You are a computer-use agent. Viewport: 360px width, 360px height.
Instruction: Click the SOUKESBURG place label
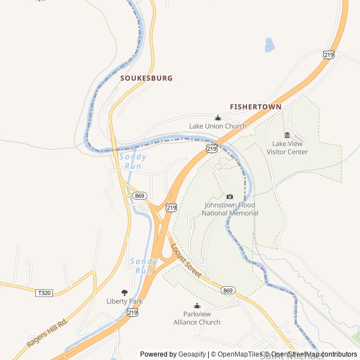(146, 78)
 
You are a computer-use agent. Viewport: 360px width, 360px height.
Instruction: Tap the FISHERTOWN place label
(255, 106)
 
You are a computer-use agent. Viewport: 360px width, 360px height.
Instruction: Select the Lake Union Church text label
(218, 126)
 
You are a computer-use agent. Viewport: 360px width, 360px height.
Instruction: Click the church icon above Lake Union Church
(218, 118)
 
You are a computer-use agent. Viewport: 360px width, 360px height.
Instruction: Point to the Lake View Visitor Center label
(287, 147)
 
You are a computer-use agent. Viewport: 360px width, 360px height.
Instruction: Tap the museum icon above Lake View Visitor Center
(287, 135)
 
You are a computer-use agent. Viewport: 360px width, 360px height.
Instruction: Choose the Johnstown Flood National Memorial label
(231, 209)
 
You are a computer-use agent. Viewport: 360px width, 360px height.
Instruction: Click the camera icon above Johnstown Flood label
(229, 196)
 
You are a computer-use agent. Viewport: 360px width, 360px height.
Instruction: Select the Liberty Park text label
(124, 301)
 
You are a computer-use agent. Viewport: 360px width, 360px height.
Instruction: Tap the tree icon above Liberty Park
(124, 292)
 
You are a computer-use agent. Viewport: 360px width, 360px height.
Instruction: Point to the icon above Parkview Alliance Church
(197, 306)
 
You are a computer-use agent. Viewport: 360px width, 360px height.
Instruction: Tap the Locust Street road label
(186, 260)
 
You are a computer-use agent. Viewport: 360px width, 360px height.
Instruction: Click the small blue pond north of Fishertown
(270, 45)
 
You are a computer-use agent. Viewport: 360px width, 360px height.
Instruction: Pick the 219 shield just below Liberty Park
(132, 312)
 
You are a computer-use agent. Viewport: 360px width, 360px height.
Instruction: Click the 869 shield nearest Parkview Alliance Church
(228, 290)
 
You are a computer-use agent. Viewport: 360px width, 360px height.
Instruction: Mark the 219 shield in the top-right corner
(329, 55)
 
